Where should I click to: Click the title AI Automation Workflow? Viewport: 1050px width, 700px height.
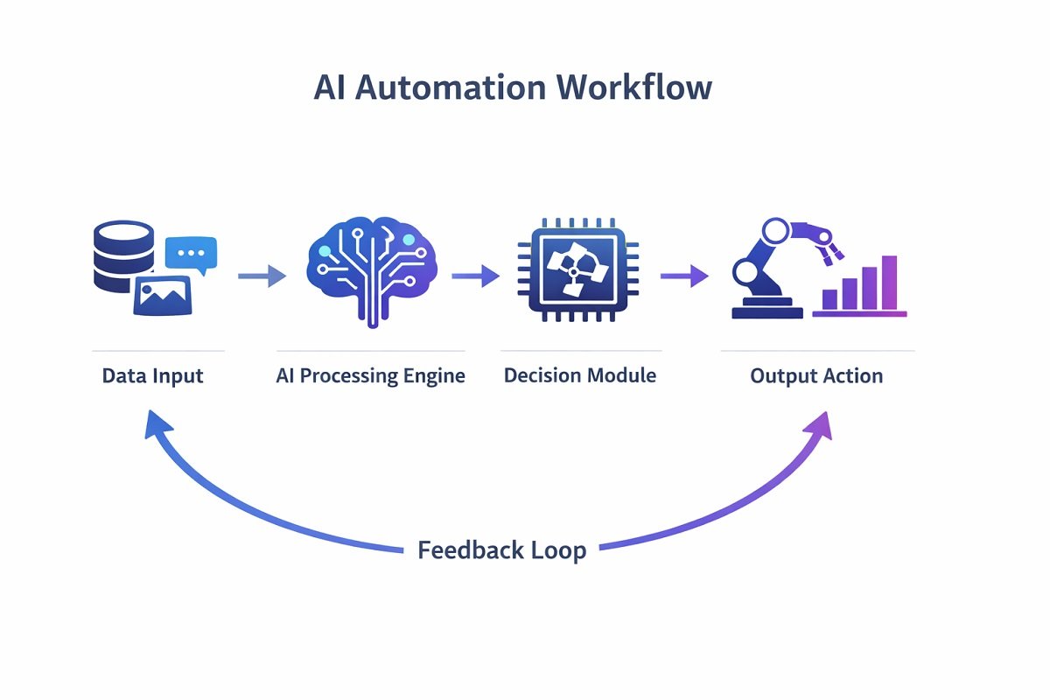tap(513, 88)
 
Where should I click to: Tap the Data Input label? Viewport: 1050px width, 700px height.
tap(152, 376)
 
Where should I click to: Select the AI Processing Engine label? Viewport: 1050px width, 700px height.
tap(370, 376)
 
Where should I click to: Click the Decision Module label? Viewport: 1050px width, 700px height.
tap(580, 376)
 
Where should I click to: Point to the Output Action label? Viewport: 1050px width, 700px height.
tap(816, 376)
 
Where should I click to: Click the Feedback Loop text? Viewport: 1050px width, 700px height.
tap(501, 550)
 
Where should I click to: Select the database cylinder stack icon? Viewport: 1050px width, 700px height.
tap(123, 255)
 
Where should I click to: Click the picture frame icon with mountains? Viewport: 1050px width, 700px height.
tap(162, 295)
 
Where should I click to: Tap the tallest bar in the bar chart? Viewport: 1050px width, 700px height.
tap(889, 283)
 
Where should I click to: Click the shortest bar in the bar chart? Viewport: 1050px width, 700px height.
tap(826, 300)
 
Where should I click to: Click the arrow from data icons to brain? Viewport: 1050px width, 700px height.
tap(262, 276)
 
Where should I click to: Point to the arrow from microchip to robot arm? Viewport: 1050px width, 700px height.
tap(683, 276)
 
